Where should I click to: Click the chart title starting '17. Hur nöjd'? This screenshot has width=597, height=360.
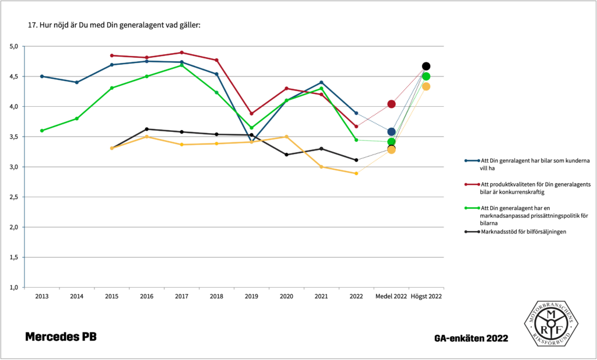click(114, 26)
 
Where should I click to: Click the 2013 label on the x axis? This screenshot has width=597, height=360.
click(41, 296)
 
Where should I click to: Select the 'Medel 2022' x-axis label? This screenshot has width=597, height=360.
click(391, 296)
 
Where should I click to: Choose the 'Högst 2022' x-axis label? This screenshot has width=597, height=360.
click(426, 296)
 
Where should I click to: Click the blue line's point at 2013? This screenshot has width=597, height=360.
click(41, 76)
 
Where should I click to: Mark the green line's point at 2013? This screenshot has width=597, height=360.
click(41, 131)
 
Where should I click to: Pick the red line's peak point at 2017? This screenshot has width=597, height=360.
click(181, 53)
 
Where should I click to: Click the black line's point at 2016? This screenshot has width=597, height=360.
click(146, 129)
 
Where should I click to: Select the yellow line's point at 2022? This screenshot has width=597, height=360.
click(356, 173)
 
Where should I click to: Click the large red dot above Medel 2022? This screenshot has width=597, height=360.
click(391, 104)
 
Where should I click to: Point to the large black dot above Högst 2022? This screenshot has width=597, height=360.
click(426, 66)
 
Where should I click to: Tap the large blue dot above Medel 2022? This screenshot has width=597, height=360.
click(391, 132)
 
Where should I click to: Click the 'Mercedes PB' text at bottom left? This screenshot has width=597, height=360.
click(61, 337)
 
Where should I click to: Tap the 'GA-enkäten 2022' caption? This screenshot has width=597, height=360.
click(471, 338)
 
